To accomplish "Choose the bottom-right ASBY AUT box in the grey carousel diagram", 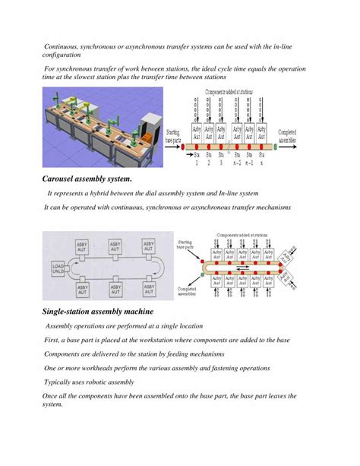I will tap(150, 289).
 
